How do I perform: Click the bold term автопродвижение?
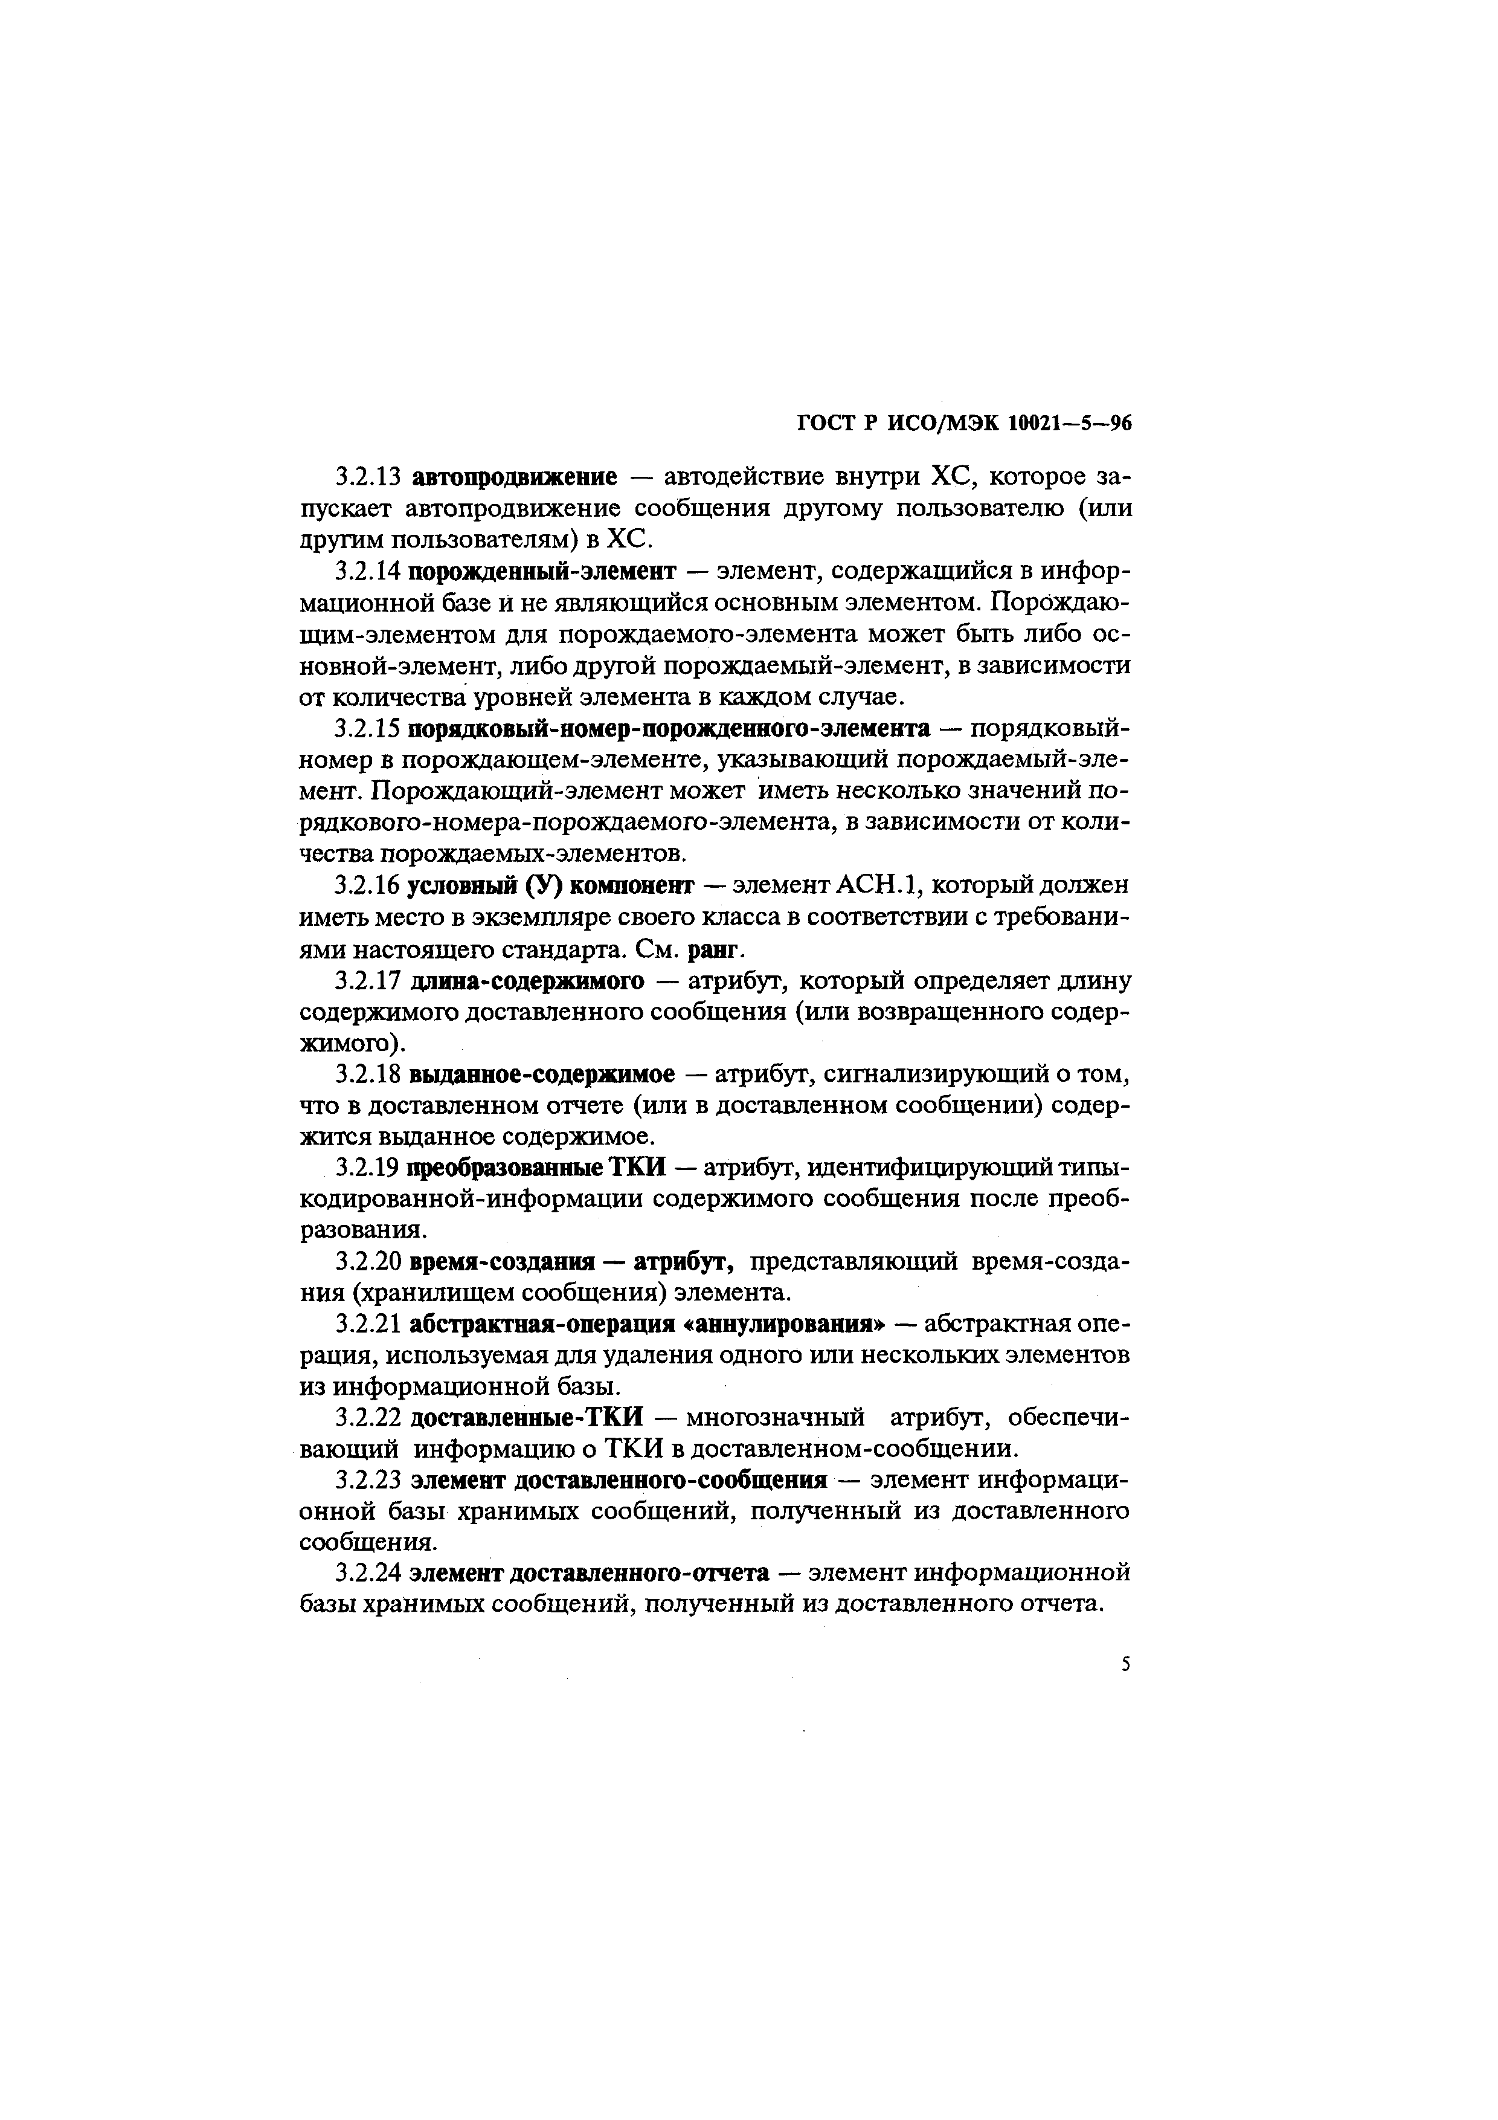click(x=513, y=477)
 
